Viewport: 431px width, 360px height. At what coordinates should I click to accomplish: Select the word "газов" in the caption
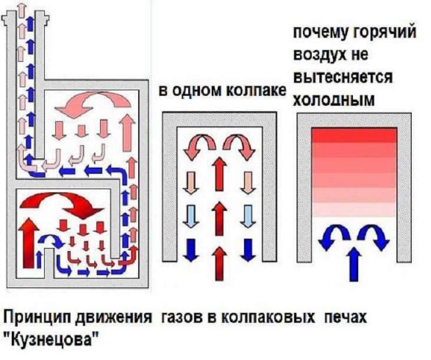pos(180,317)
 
